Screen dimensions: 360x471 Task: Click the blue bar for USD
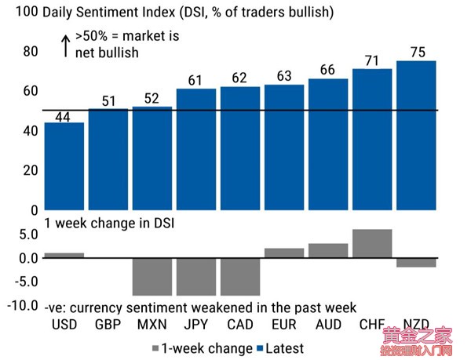pyautogui.click(x=64, y=166)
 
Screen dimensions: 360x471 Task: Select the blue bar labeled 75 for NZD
pyautogui.click(x=416, y=135)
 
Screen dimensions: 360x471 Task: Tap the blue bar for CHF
pyautogui.click(x=372, y=139)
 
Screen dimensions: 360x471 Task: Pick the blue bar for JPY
pyautogui.click(x=195, y=149)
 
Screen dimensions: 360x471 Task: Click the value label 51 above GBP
pyautogui.click(x=108, y=100)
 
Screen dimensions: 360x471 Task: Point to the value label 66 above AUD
pyautogui.click(x=328, y=71)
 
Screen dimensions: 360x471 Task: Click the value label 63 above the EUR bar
pyautogui.click(x=284, y=76)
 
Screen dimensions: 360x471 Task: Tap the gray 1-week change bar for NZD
pyautogui.click(x=416, y=262)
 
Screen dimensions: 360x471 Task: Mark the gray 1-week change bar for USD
pyautogui.click(x=64, y=255)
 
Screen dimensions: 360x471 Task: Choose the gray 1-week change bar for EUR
pyautogui.click(x=284, y=253)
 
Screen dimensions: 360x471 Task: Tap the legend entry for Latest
pyautogui.click(x=278, y=347)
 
